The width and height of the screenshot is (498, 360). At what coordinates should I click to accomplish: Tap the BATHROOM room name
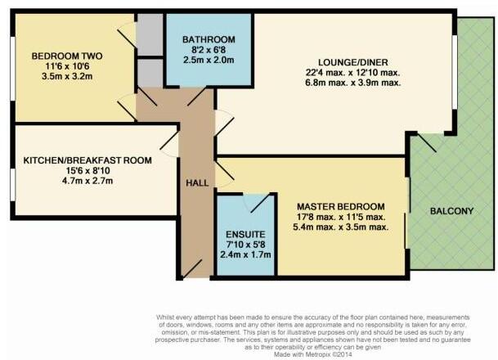pyautogui.click(x=209, y=39)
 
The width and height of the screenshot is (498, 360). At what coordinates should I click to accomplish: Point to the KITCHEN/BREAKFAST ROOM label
pyautogui.click(x=87, y=160)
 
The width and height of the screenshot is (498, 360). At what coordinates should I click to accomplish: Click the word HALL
pyautogui.click(x=196, y=183)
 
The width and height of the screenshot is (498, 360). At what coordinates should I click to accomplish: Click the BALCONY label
pyautogui.click(x=451, y=211)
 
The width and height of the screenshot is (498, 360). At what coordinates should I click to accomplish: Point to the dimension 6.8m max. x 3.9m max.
pyautogui.click(x=352, y=85)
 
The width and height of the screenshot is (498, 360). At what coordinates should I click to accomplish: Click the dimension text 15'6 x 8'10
pyautogui.click(x=87, y=173)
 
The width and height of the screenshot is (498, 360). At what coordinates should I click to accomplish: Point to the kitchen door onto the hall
pyautogui.click(x=170, y=146)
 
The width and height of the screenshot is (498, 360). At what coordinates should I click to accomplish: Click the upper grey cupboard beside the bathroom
pyautogui.click(x=150, y=34)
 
